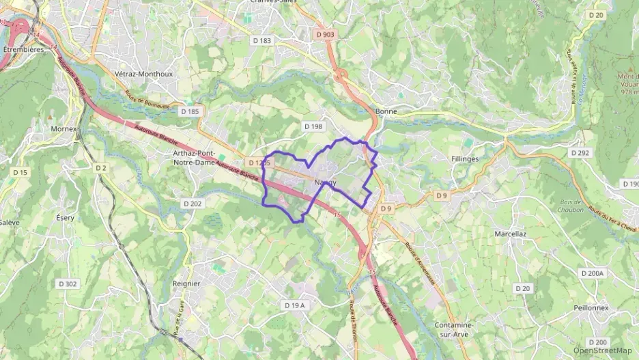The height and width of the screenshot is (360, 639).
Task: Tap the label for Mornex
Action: pyautogui.click(x=65, y=128)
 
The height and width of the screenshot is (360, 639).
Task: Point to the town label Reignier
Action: pyautogui.click(x=186, y=283)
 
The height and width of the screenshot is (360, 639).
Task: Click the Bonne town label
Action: pyautogui.click(x=386, y=111)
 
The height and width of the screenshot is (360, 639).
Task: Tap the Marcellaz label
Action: pyautogui.click(x=509, y=234)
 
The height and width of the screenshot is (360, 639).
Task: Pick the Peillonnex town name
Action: pyautogui.click(x=591, y=308)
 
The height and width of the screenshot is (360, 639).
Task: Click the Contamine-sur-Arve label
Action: pyautogui.click(x=454, y=330)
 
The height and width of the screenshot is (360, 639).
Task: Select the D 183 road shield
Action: pyautogui.click(x=261, y=41)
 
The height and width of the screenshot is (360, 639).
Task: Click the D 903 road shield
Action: pyautogui.click(x=326, y=34)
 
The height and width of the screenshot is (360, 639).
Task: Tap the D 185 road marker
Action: pyautogui.click(x=189, y=110)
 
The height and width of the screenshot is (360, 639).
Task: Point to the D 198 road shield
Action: pyautogui.click(x=312, y=126)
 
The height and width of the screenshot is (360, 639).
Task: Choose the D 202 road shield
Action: pyautogui.click(x=193, y=204)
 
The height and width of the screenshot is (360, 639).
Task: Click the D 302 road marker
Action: pyautogui.click(x=68, y=283)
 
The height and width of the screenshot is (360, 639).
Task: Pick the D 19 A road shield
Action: pyautogui.click(x=294, y=305)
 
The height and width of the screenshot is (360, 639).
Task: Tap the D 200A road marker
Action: pyautogui.click(x=592, y=273)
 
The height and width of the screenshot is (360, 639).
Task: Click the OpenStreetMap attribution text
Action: pyautogui.click(x=603, y=350)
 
